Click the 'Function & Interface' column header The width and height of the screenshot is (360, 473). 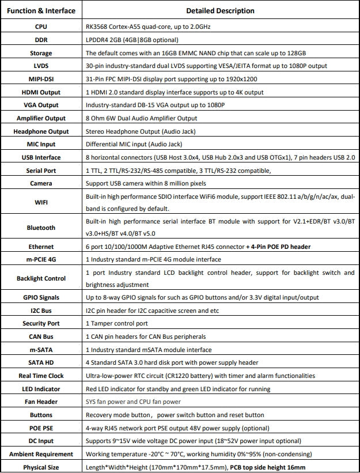click(x=41, y=10)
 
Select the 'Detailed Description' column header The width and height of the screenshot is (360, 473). click(x=220, y=10)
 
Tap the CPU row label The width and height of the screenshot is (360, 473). click(x=41, y=27)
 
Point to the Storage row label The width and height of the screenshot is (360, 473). click(x=41, y=53)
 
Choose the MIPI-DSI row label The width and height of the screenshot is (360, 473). click(x=41, y=79)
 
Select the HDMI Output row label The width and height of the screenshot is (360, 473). click(x=41, y=92)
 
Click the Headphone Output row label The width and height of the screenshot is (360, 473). click(x=41, y=131)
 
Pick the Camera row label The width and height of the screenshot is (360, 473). click(x=41, y=183)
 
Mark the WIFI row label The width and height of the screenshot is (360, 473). click(x=41, y=202)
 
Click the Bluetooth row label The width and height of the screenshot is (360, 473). click(x=41, y=228)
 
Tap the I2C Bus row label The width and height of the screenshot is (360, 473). click(x=41, y=311)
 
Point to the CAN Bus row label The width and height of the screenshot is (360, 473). click(x=41, y=336)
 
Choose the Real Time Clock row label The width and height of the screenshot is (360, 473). click(x=41, y=376)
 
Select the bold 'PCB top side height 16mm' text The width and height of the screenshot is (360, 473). click(x=268, y=467)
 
